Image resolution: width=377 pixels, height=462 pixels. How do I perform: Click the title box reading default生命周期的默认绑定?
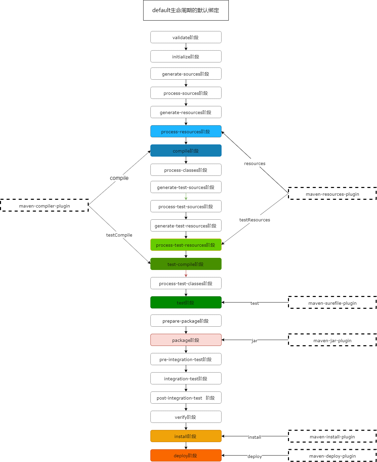coord(186,10)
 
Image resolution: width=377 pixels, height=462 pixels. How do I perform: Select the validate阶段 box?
coord(186,37)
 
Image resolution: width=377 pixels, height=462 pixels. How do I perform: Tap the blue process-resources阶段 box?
coord(186,131)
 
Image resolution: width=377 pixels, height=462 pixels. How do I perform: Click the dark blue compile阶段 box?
coord(186,151)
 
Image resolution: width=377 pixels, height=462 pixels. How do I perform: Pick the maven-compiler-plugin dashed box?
coord(45,206)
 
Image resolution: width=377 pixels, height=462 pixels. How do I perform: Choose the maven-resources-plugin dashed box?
coord(332,194)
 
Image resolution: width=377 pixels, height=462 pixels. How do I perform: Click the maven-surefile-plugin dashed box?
coord(332,303)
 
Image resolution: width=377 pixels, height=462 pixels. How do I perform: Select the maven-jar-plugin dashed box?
coord(332,340)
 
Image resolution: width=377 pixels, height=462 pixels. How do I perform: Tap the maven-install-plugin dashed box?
coord(332,436)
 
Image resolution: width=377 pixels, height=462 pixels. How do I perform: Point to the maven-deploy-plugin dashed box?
coord(332,456)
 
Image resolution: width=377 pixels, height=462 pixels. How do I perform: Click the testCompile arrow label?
coord(119,235)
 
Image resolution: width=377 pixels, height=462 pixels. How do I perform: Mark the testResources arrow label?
coord(255,220)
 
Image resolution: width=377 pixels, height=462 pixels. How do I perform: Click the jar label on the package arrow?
coord(254,341)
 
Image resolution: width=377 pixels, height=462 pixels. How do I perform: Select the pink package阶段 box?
coord(186,340)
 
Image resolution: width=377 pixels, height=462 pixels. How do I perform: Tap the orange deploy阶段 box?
coord(186,455)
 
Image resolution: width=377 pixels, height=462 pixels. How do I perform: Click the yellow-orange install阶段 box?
coord(186,436)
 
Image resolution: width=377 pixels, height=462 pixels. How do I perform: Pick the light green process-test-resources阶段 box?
coord(186,245)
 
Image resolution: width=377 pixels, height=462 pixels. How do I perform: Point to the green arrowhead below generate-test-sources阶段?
coord(186,198)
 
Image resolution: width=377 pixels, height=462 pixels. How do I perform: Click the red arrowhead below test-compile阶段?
coord(186,275)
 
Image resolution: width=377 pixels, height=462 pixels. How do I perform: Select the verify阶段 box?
coord(186,417)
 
